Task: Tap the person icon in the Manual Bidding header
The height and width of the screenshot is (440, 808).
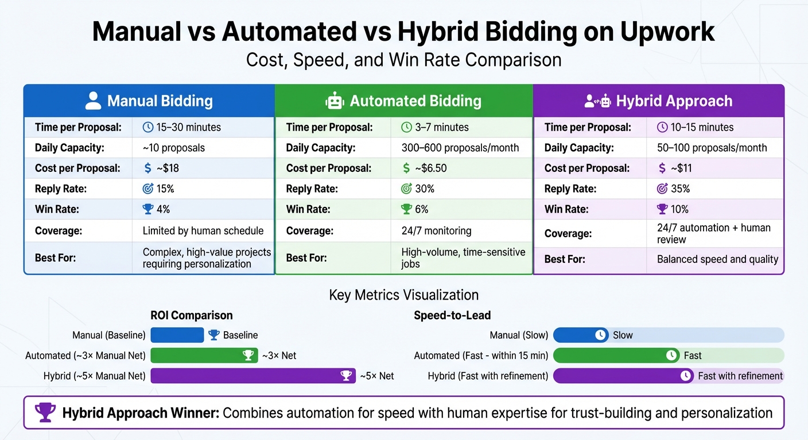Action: coord(93,101)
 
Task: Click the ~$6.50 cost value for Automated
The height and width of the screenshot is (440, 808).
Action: coord(424,168)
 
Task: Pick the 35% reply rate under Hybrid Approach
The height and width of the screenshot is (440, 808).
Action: coord(680,189)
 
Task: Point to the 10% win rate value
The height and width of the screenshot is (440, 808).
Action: coord(679,210)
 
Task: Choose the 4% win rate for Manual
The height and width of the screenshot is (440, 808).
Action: coord(163,210)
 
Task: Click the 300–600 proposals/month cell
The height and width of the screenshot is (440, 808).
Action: coord(460,148)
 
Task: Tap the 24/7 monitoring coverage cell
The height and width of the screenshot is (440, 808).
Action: coord(436,231)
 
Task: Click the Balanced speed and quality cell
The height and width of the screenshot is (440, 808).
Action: coord(717,260)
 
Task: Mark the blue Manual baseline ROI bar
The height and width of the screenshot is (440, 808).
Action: coord(177,335)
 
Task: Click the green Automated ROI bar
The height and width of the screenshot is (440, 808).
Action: coord(204,356)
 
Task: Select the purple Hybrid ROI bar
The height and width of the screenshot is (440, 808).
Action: coord(253,376)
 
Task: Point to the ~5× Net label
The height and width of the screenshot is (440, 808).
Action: coord(376,376)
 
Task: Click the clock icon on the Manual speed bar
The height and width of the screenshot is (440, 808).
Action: coord(601,335)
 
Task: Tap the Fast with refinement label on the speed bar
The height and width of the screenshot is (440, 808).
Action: coord(740,376)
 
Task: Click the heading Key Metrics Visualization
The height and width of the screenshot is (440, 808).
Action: coord(404,295)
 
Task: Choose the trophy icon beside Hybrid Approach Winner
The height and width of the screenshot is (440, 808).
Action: coord(45,412)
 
